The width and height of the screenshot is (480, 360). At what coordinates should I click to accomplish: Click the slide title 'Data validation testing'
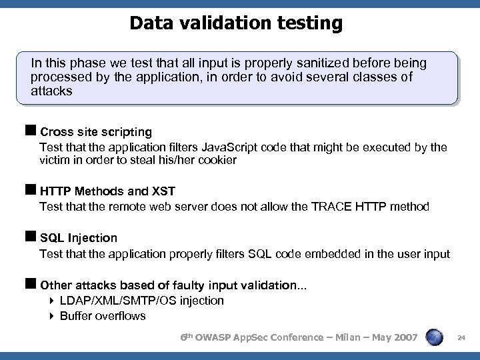tap(236, 23)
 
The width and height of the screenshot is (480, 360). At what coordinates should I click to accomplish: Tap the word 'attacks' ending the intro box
tap(51, 91)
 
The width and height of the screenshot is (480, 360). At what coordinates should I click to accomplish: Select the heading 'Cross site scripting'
tap(96, 132)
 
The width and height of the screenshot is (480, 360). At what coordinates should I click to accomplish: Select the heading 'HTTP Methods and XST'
tap(108, 192)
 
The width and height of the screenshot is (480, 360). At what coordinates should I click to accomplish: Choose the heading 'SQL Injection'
tap(79, 238)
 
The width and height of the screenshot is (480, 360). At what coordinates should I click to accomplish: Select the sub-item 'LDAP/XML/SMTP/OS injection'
tap(141, 301)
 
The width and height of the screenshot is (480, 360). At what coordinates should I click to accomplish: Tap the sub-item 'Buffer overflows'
tap(103, 316)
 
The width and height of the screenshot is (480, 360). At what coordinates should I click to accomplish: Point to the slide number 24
tap(461, 339)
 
